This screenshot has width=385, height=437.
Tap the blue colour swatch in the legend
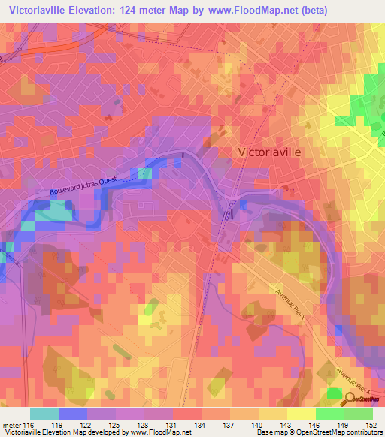(73, 414)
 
